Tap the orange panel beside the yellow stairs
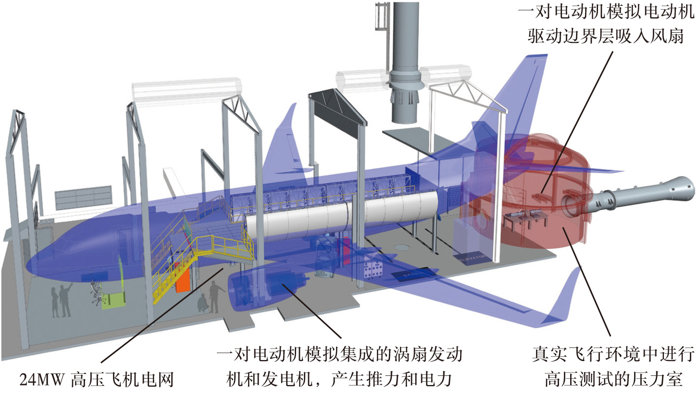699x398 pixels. [183, 280]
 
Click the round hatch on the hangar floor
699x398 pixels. [403, 247]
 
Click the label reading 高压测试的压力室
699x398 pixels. [613, 380]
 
